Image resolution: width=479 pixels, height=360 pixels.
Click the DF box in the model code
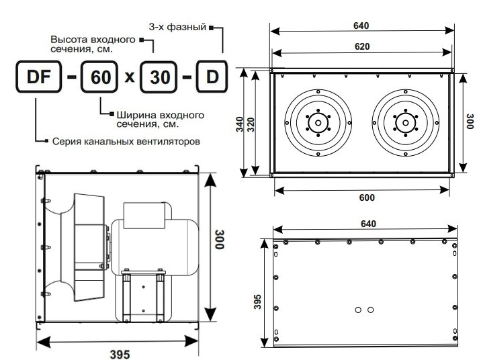tap(38, 77)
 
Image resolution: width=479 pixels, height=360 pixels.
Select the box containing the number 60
tap(99, 77)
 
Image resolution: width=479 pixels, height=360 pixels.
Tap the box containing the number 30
tap(159, 77)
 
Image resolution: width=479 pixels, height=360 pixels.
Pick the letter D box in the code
tap(212, 77)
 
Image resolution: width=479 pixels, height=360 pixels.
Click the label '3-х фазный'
tap(177, 27)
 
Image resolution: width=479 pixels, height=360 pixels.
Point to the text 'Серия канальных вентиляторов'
tap(126, 141)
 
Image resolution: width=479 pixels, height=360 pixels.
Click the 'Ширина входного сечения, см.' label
tap(161, 120)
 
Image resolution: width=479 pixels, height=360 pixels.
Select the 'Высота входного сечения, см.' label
tap(93, 44)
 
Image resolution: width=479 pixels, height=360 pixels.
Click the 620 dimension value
tap(362, 46)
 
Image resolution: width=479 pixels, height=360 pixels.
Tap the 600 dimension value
tap(367, 197)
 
